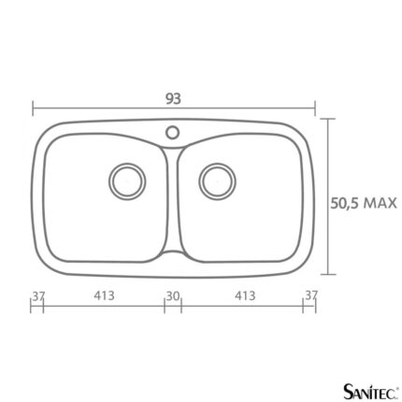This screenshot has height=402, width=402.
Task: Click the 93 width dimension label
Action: (173, 99)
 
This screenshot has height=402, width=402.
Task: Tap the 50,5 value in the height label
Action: (344, 204)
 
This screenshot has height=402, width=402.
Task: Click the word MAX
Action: (380, 203)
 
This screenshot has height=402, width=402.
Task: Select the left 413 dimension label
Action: (104, 295)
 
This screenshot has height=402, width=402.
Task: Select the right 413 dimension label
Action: (245, 295)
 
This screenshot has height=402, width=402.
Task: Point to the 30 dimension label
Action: (173, 296)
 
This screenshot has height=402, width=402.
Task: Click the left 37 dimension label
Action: (38, 296)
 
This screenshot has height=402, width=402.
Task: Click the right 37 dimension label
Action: (310, 294)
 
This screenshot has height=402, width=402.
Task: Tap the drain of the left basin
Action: (127, 181)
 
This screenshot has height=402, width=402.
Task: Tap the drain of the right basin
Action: (218, 181)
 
